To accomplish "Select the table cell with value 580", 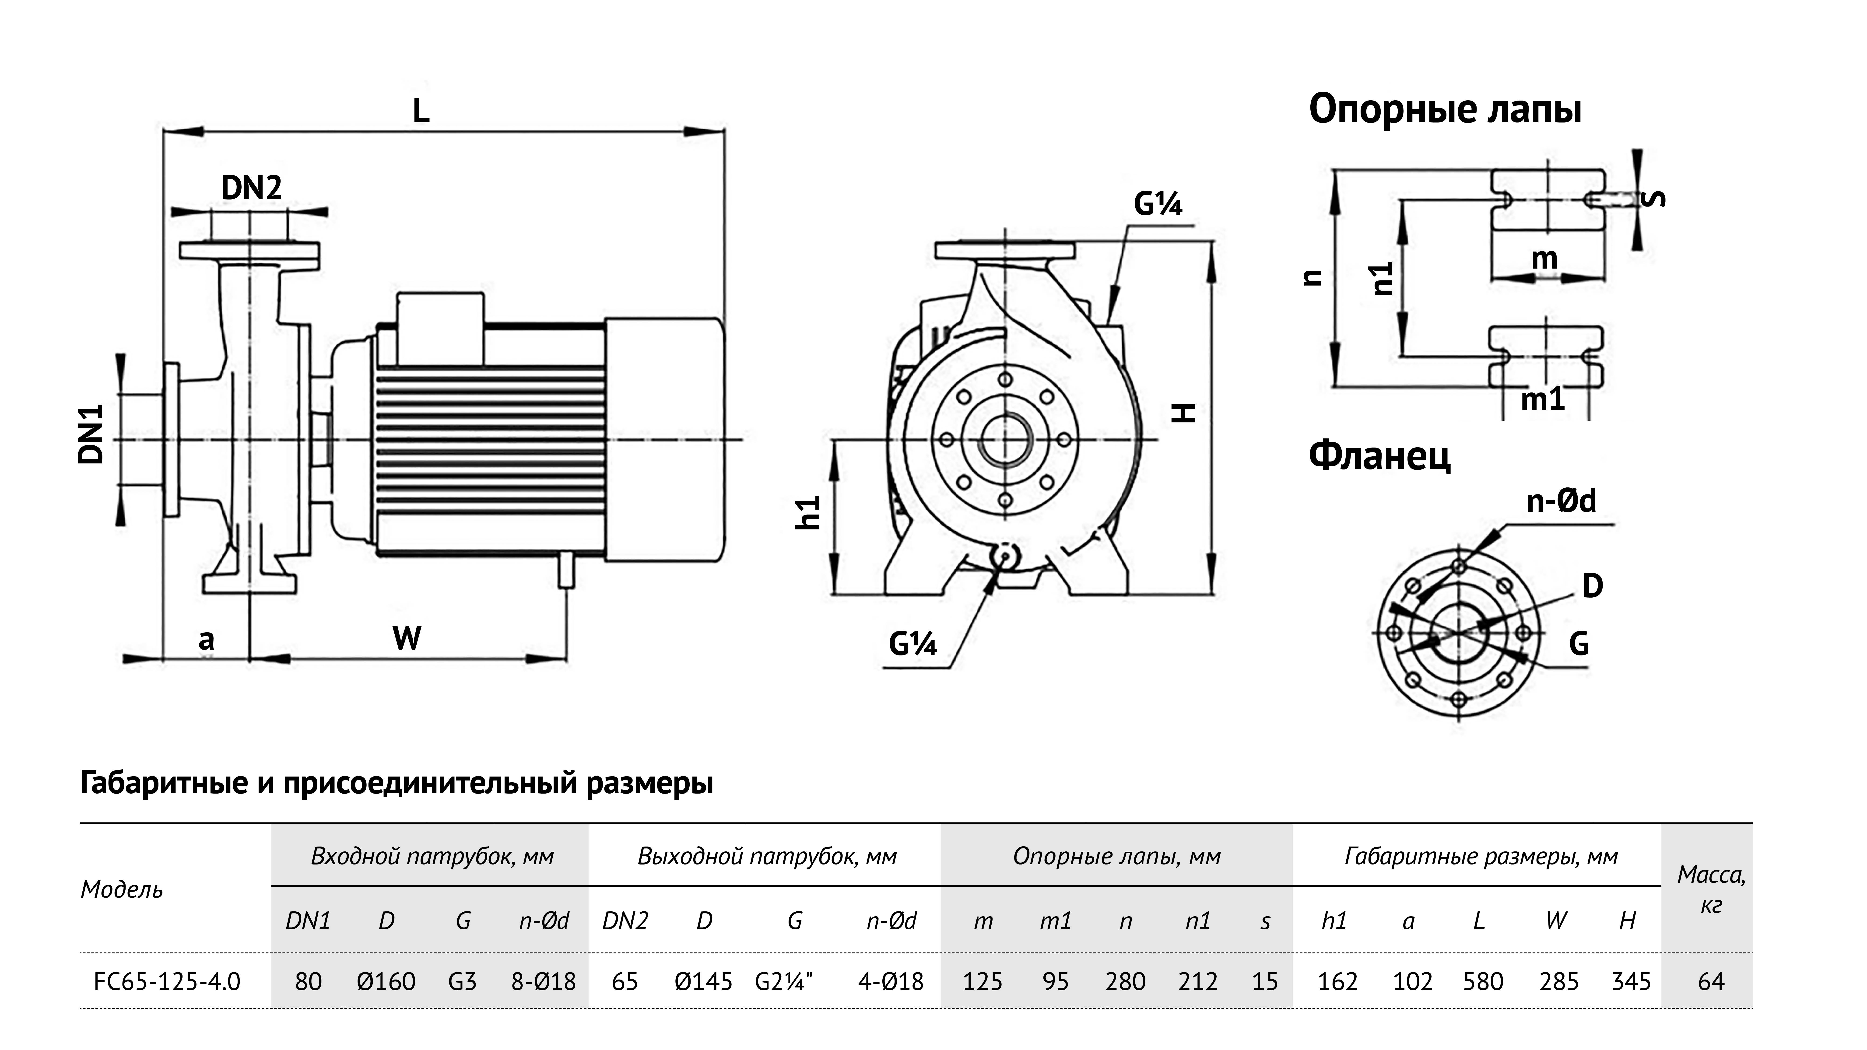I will tap(1482, 981).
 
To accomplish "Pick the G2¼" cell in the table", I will tap(783, 981).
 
